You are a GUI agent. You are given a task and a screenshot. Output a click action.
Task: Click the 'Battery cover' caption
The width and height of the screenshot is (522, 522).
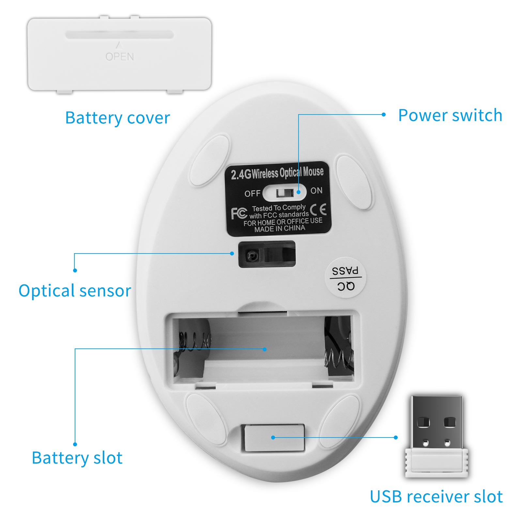coord(117,118)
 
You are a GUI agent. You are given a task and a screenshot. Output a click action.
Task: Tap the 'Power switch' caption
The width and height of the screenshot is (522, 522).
coord(450,115)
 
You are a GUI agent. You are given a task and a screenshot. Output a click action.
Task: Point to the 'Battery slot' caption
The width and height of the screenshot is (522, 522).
coord(77,458)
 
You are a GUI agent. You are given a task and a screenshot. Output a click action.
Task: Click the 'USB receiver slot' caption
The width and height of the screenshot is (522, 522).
coord(436,497)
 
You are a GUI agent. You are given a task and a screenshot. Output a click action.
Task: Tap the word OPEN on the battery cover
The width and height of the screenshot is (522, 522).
coord(120,57)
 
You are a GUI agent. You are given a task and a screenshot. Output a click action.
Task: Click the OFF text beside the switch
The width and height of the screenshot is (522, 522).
coord(252,193)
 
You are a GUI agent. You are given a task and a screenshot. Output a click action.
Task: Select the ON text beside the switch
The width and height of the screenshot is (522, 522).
coord(316,191)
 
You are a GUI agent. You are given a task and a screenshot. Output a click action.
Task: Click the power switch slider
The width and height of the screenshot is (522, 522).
coord(285,193)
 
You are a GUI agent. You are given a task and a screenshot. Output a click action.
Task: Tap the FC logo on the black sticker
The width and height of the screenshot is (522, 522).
coord(239,213)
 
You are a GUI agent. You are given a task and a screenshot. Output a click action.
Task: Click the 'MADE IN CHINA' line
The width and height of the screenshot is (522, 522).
coord(280,229)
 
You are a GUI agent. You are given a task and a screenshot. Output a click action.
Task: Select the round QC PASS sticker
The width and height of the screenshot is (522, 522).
coord(346,278)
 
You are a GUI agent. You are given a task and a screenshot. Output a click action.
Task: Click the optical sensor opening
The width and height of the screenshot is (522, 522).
coord(267,254)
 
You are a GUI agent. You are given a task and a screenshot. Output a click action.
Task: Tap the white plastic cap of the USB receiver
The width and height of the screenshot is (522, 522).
coord(436,463)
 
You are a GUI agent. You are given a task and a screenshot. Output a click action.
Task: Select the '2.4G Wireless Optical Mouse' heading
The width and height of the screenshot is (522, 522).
coord(277,173)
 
